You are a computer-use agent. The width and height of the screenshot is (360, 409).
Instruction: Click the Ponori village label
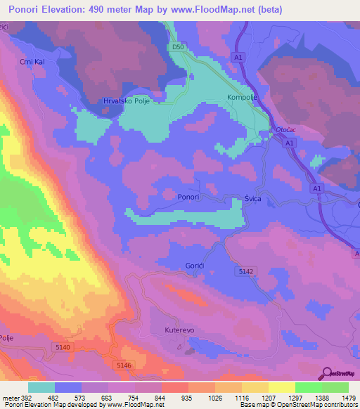[x=190, y=197]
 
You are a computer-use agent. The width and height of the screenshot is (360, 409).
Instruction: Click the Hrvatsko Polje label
[x=127, y=100]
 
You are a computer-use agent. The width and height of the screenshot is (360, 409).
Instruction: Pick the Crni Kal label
[x=32, y=61]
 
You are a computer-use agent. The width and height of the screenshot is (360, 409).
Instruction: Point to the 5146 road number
[x=123, y=365]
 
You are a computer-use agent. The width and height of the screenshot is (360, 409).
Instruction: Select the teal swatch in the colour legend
[x=41, y=387]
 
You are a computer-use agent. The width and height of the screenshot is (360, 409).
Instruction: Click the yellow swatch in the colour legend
[x=282, y=387]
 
